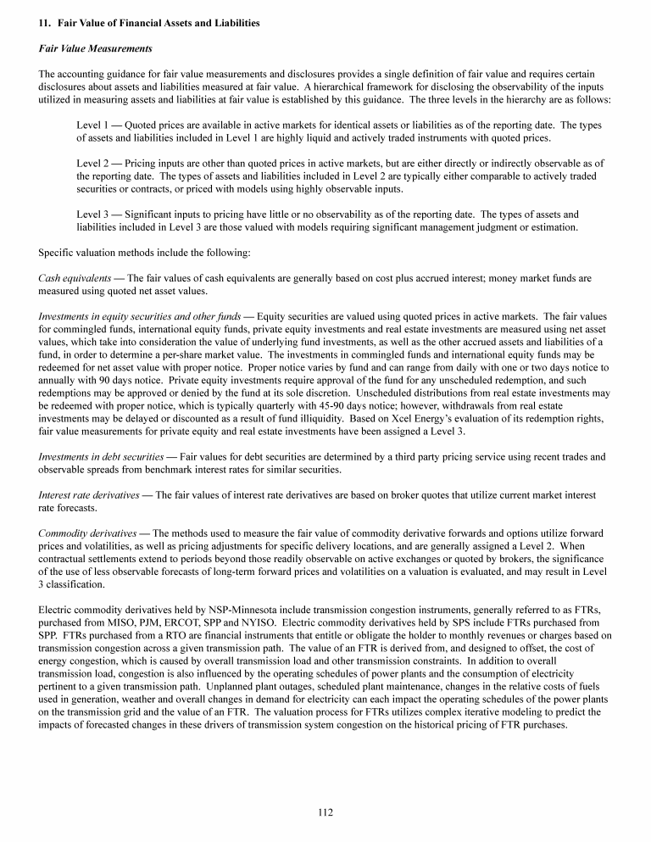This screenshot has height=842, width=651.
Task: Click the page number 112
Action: [x=325, y=812]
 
